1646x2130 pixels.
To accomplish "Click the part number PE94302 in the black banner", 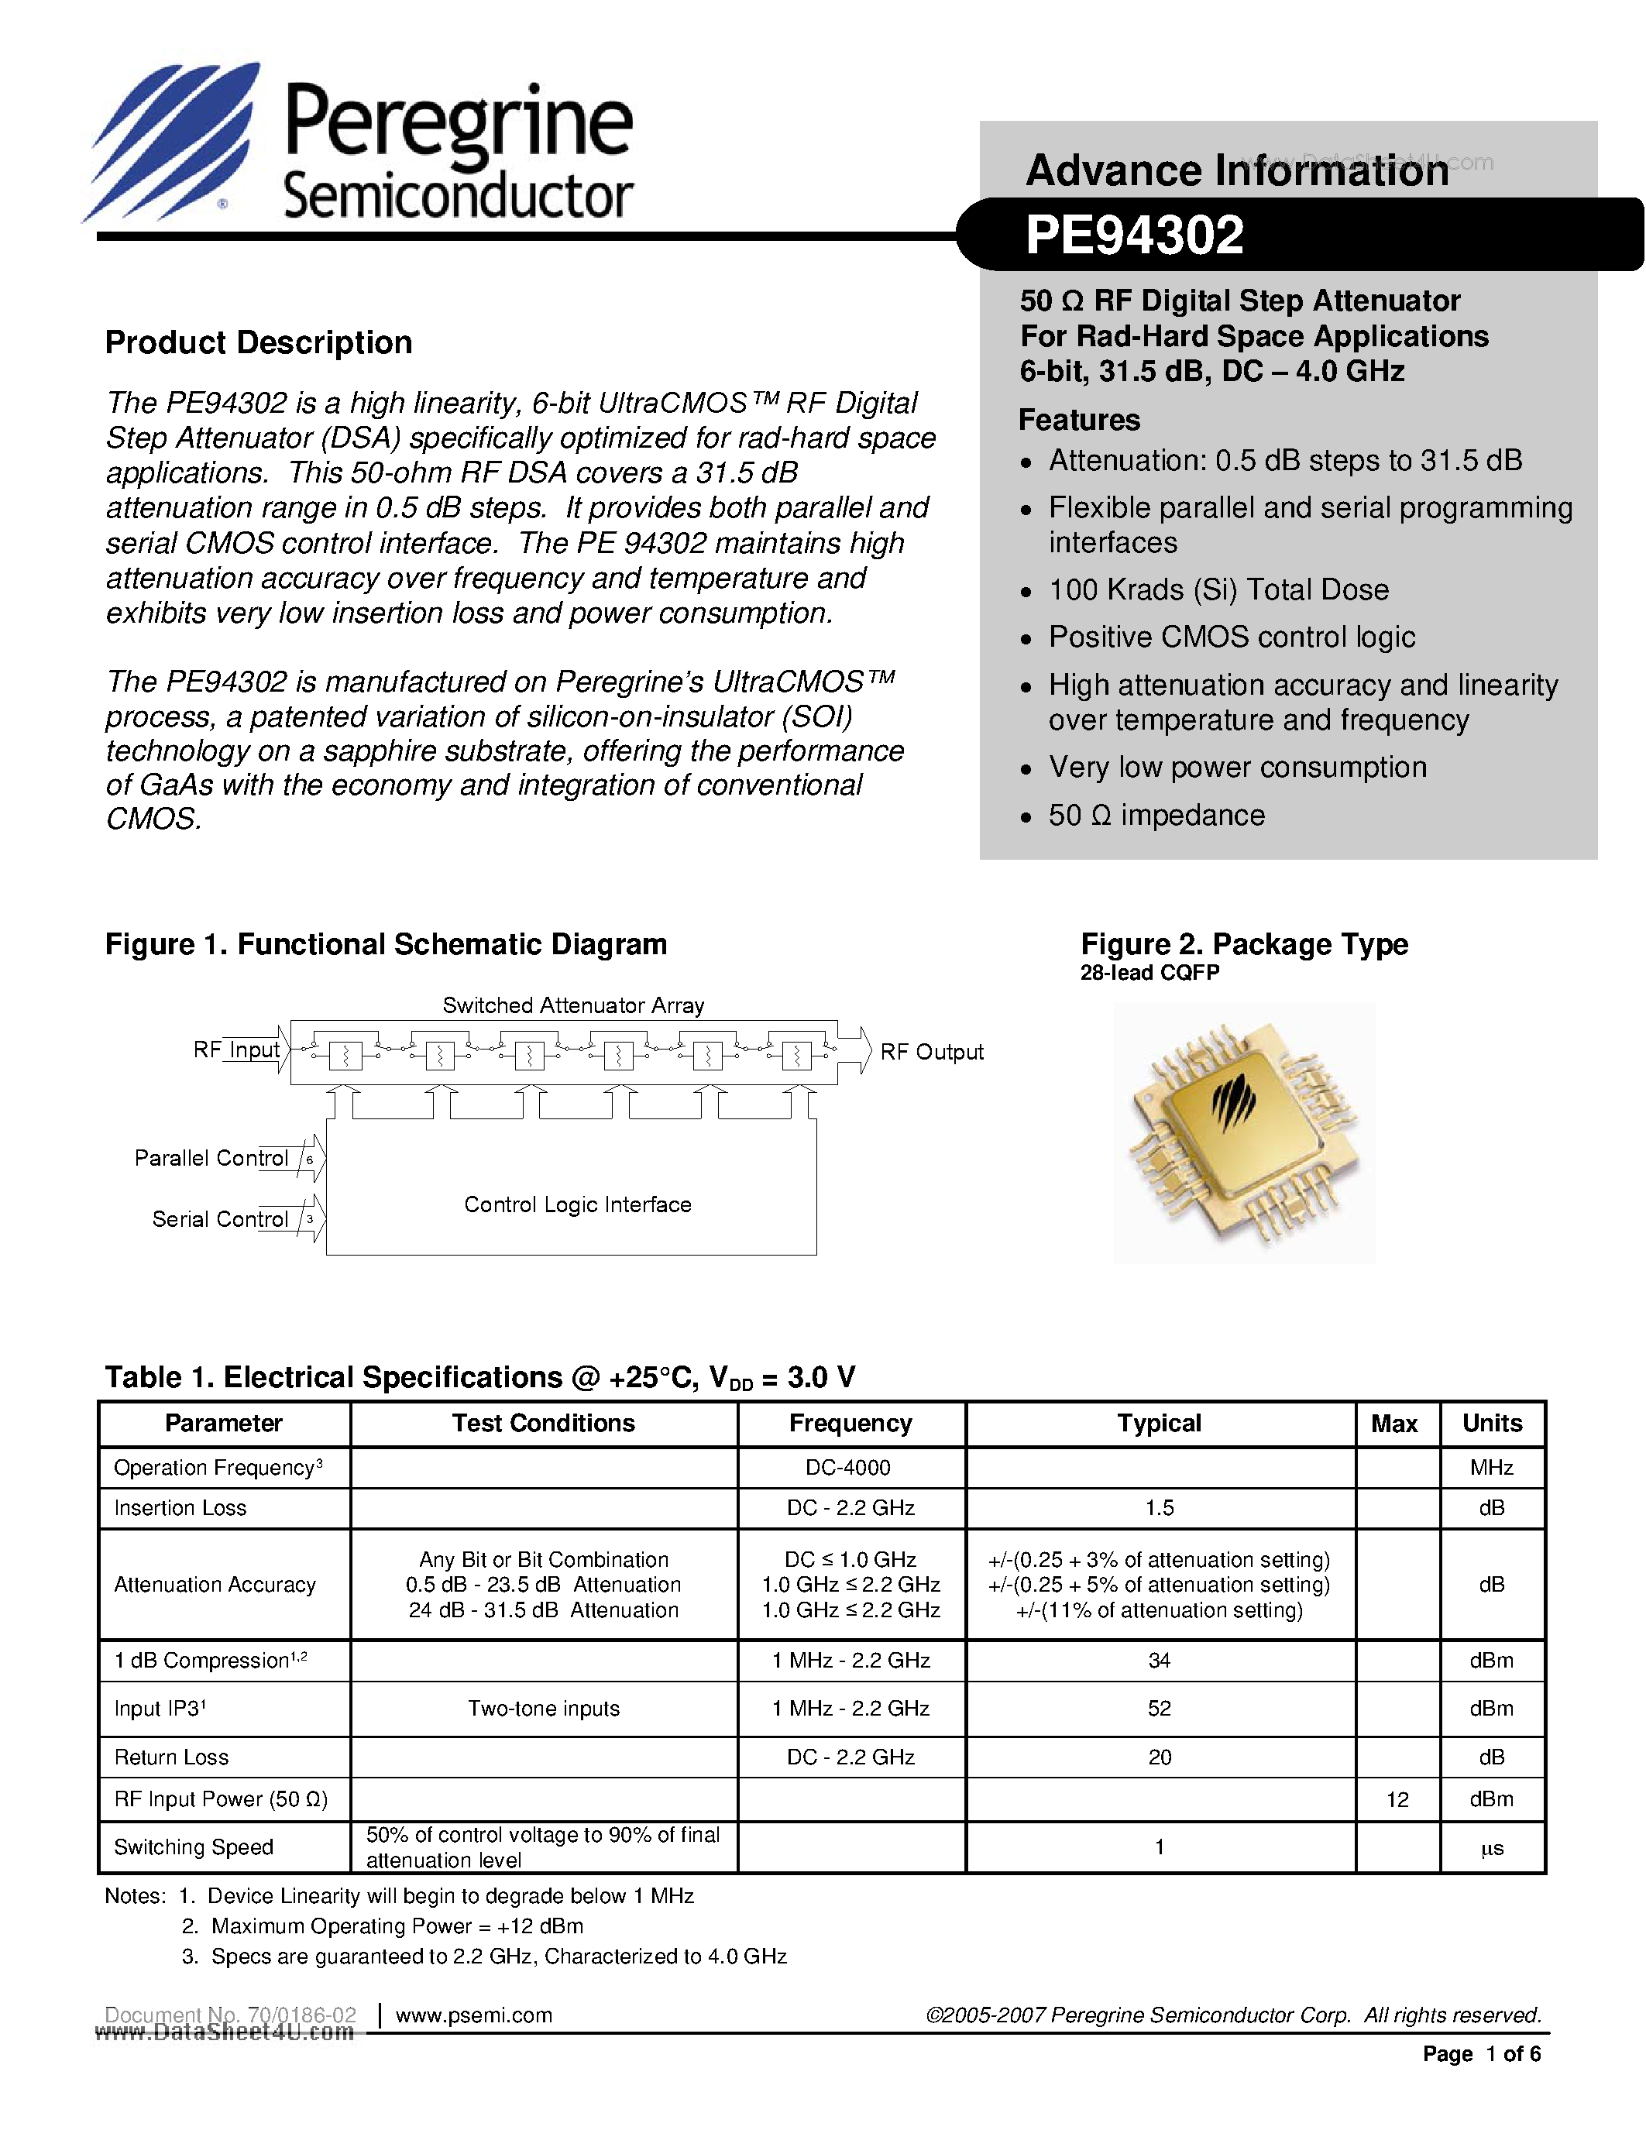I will click(x=1134, y=236).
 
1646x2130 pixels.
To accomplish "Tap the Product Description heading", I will click(x=259, y=342).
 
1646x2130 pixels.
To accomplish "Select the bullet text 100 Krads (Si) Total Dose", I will click(x=1218, y=590).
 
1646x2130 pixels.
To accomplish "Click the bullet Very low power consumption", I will click(x=1236, y=768).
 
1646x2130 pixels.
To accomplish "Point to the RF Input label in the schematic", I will click(x=237, y=1050).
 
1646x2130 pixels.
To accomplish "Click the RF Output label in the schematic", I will click(x=931, y=1053).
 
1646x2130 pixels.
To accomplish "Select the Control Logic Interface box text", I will click(x=577, y=1204).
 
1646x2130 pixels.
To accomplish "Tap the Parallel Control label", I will click(x=211, y=1158).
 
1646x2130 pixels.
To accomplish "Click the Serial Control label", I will click(x=221, y=1219).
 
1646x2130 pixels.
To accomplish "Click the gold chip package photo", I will click(x=1244, y=1133).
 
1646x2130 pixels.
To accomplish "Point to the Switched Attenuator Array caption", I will click(x=573, y=1005).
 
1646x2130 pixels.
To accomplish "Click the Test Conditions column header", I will click(x=543, y=1424).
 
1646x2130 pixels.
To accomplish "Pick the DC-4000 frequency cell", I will click(x=848, y=1468).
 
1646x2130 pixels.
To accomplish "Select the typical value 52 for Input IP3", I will click(x=1159, y=1709).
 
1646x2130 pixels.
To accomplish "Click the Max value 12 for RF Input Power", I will click(x=1397, y=1799).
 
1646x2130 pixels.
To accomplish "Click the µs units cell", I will click(x=1492, y=1848).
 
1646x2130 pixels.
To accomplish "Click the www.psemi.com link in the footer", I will click(x=474, y=2015).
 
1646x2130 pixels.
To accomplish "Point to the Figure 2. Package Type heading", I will click(x=1244, y=944).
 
